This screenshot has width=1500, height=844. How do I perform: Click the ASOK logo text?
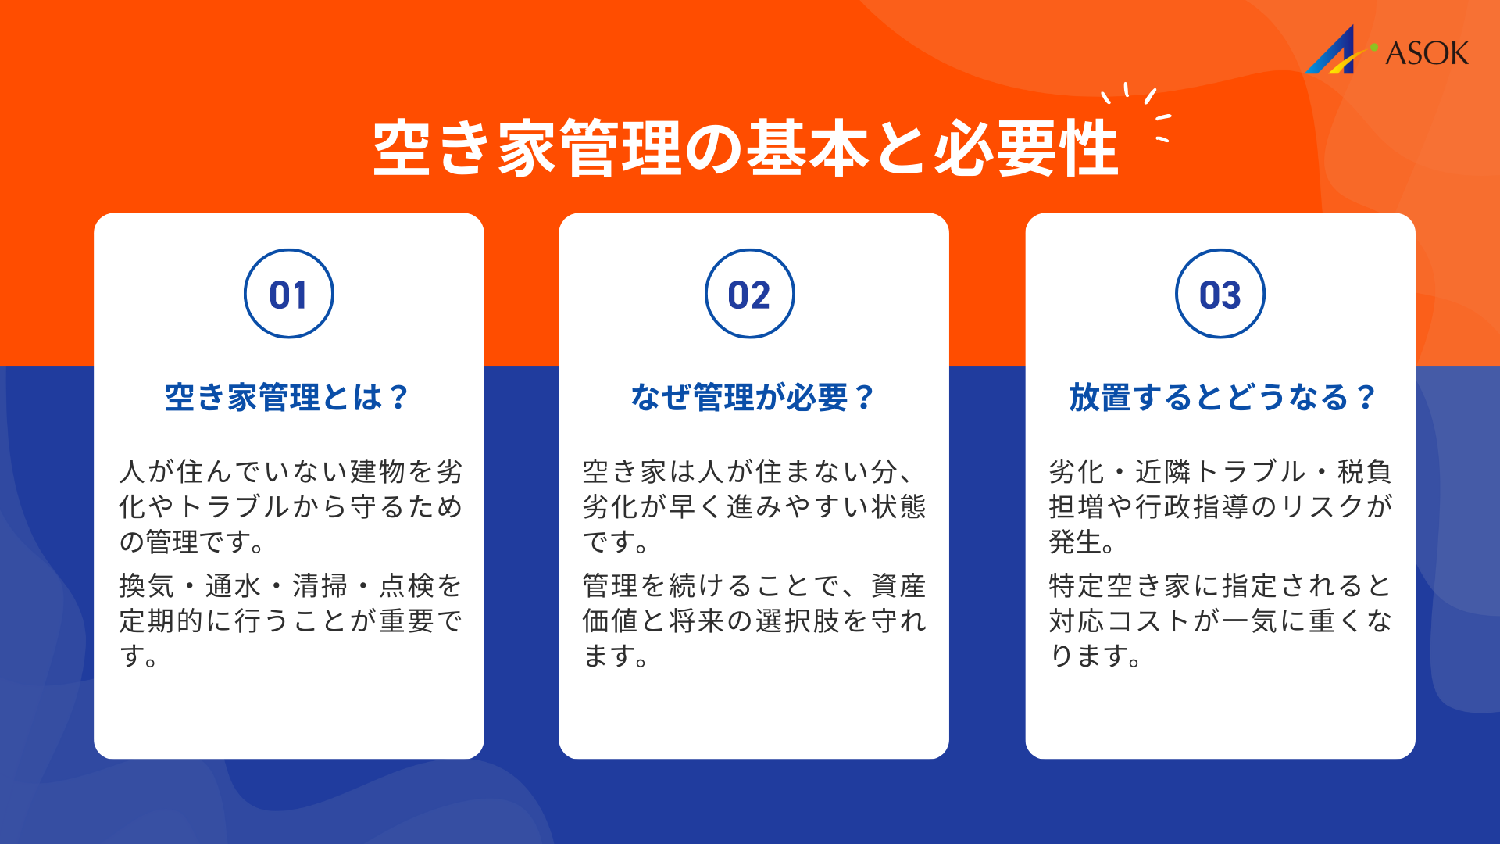[1427, 53]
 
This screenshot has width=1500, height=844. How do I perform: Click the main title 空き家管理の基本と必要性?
[745, 148]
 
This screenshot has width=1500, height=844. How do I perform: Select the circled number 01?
[288, 294]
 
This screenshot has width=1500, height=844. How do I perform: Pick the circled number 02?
[749, 294]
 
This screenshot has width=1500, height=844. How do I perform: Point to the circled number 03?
[1220, 294]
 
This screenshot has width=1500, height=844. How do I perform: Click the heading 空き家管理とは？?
[287, 397]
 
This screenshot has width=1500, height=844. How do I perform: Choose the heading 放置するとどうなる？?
[1222, 397]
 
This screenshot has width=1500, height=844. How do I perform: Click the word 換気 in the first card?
[147, 585]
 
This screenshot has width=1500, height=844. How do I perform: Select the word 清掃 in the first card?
[320, 585]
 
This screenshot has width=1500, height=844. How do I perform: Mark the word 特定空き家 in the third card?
[1120, 585]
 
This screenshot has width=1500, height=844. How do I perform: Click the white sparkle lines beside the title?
[1142, 112]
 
